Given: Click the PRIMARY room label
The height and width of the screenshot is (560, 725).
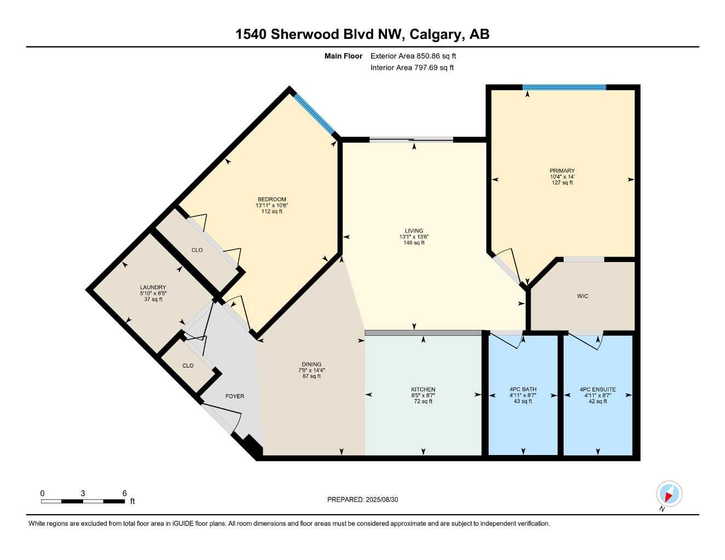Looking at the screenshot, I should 562,171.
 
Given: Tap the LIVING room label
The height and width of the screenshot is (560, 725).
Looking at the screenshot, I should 414,231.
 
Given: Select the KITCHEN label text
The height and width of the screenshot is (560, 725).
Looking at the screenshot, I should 423,389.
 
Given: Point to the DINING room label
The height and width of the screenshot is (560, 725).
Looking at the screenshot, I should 311,364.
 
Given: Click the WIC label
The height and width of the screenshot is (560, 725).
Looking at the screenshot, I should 582,296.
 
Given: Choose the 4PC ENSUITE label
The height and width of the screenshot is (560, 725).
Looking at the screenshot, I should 598,389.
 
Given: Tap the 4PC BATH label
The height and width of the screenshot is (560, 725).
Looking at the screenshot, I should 523,389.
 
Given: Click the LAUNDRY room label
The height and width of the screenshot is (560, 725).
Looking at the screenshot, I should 153,288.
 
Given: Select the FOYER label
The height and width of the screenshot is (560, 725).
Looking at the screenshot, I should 235,396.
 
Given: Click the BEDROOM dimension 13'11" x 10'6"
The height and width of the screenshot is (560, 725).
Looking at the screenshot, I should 271,206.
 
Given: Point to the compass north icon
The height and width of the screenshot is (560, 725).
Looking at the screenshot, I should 669,494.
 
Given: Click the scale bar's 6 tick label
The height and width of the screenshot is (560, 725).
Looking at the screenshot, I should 125,493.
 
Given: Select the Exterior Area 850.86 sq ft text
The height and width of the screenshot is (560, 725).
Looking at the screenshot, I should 413,56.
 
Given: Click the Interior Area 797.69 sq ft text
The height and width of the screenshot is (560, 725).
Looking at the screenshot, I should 412,68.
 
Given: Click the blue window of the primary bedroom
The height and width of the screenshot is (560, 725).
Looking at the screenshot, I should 564,87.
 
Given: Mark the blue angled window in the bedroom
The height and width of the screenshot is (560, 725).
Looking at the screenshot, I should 314,114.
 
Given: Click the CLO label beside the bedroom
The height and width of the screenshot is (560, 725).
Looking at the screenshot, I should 197,250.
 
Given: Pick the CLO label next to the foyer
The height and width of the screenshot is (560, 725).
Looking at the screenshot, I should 188,365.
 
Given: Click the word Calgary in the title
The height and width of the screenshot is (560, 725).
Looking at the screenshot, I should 435,34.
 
